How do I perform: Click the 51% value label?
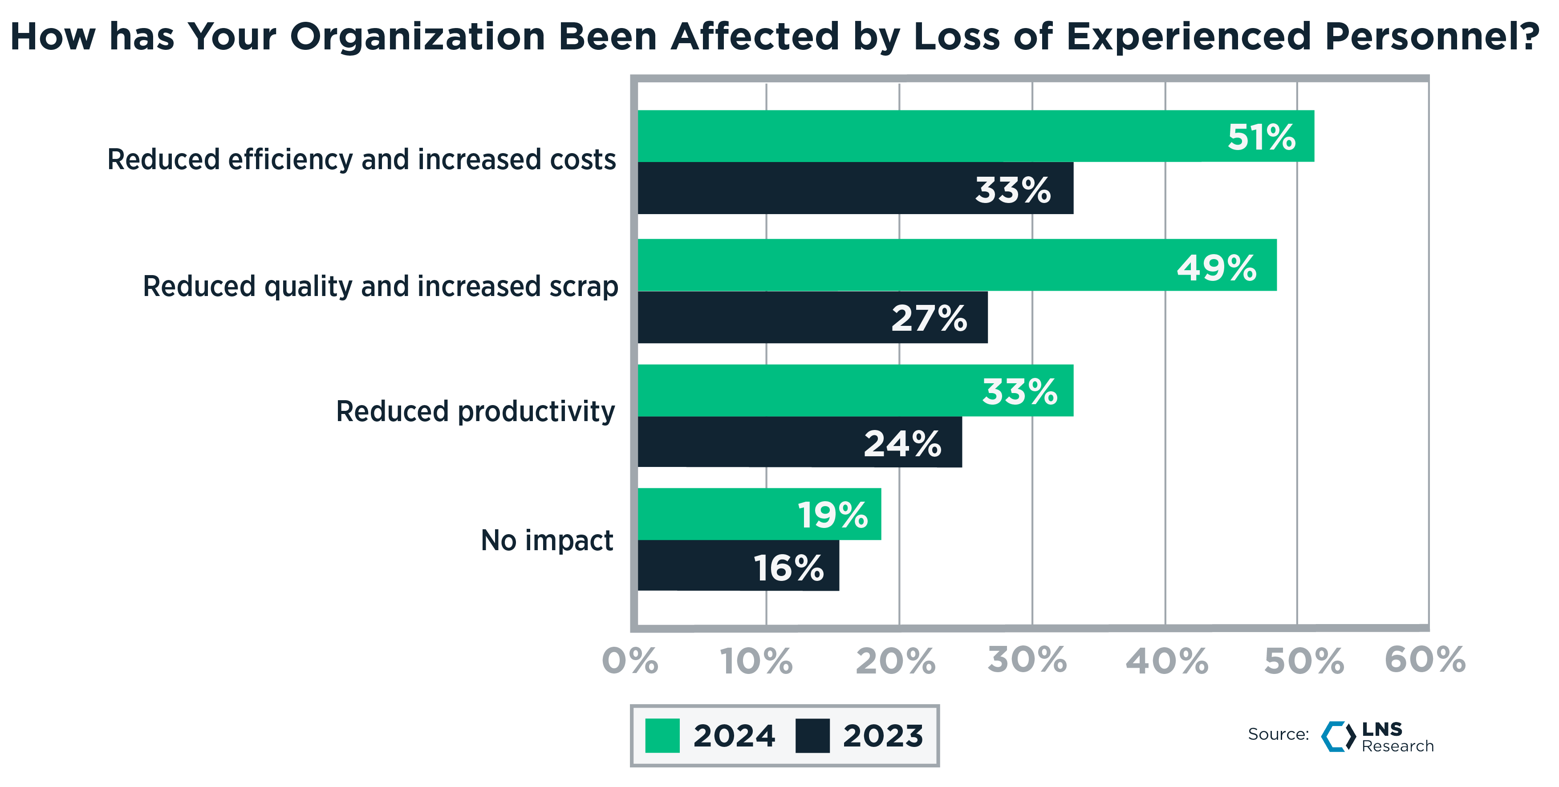tap(1261, 137)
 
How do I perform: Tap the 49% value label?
tap(1217, 268)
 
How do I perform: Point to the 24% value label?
tap(902, 443)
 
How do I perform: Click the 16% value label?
tap(788, 568)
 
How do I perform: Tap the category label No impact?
tap(547, 540)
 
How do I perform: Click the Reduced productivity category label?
tap(476, 411)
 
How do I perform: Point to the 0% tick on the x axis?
tap(630, 661)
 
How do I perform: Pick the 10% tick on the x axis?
tap(756, 661)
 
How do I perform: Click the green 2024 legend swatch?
tap(662, 735)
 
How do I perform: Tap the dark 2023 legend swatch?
tap(812, 735)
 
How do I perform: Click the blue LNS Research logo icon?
tap(1338, 736)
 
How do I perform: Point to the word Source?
tap(1278, 734)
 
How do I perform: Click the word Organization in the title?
tap(418, 37)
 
